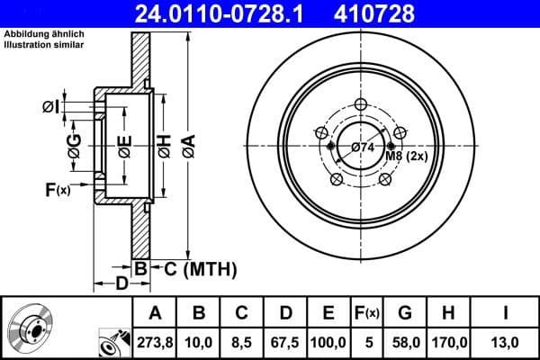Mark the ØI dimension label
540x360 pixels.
coord(51,107)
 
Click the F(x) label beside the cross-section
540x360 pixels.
coord(56,190)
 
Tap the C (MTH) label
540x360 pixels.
coord(199,267)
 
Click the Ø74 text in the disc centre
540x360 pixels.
coord(363,147)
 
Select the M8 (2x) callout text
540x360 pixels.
coord(405,157)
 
